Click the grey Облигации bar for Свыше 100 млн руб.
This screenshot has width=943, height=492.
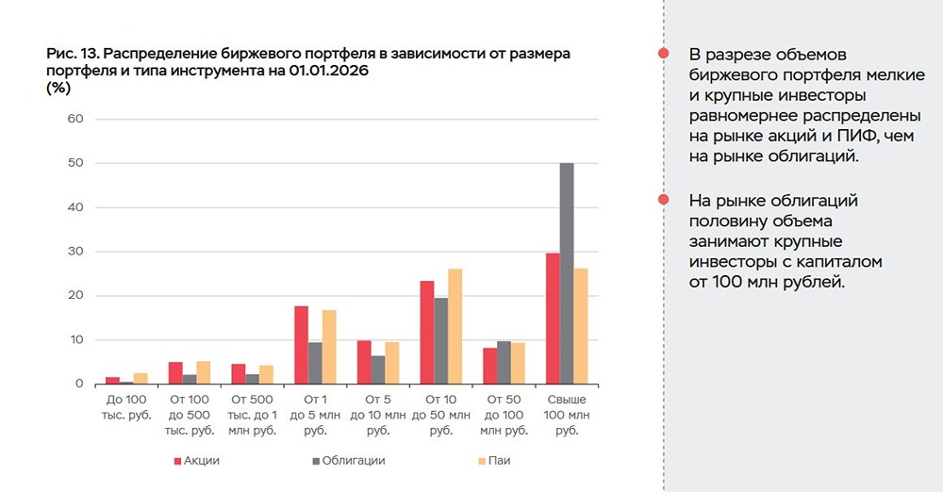click(x=567, y=274)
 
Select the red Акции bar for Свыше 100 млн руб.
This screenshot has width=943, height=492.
click(x=553, y=319)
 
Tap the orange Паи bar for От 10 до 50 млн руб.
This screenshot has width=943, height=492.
click(x=455, y=327)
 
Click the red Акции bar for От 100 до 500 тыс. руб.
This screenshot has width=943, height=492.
click(x=175, y=373)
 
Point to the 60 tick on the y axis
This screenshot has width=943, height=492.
click(x=74, y=120)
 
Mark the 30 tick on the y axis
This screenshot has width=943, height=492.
click(x=74, y=252)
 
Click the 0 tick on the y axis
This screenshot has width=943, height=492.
click(x=78, y=385)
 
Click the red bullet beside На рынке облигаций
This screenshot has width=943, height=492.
click(x=664, y=201)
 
